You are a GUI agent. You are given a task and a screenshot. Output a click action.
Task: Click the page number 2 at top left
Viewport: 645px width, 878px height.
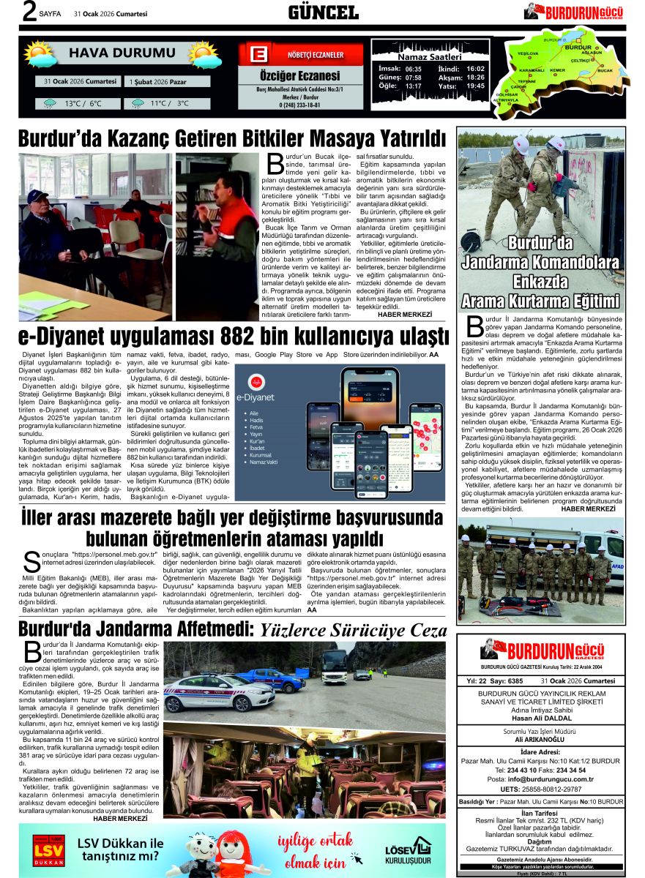(30, 12)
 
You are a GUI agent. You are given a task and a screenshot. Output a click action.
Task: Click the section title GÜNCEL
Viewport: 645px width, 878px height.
(323, 12)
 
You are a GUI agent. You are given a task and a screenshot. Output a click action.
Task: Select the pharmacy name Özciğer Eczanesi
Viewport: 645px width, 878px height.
(300, 76)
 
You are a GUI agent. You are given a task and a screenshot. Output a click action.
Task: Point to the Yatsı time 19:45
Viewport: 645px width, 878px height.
(475, 86)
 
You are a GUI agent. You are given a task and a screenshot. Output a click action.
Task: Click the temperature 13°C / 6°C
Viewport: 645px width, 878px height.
(83, 104)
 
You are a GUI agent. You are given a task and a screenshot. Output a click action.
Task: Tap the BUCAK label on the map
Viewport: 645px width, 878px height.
(605, 71)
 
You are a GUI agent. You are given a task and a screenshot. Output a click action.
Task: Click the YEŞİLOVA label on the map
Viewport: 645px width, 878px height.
(528, 54)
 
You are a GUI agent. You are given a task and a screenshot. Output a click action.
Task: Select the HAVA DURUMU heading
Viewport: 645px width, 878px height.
(112, 53)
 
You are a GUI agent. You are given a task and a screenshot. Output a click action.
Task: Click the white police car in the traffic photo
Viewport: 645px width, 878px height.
(209, 692)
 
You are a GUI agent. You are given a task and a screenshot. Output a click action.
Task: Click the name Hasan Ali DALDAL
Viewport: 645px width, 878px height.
(540, 717)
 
